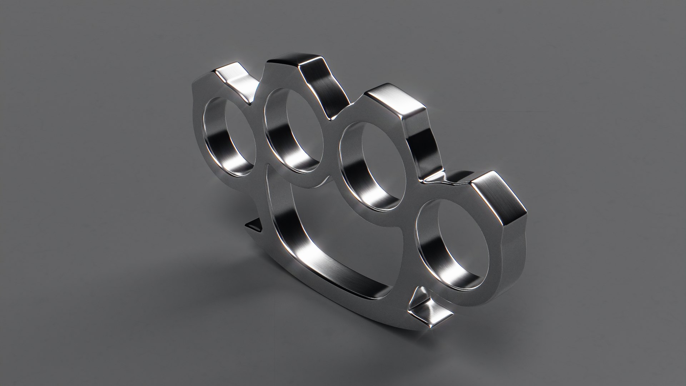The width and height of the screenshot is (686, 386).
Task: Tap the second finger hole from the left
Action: [298, 122]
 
